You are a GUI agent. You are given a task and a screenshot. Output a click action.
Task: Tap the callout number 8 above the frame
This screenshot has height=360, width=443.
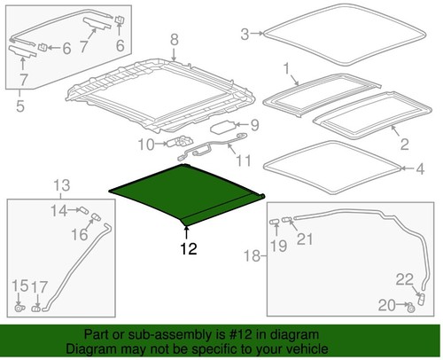[x=174, y=38]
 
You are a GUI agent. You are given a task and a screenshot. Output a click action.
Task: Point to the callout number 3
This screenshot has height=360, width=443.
[x=245, y=35]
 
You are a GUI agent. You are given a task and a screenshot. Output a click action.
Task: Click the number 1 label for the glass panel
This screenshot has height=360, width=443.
[x=285, y=67]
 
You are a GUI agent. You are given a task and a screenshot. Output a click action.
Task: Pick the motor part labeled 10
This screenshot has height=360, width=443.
[x=183, y=143]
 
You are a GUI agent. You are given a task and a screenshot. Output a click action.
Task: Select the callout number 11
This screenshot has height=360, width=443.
[x=243, y=161]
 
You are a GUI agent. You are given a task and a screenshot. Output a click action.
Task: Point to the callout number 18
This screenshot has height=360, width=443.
[x=252, y=256]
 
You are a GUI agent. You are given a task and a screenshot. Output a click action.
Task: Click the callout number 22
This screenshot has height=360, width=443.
[x=404, y=279]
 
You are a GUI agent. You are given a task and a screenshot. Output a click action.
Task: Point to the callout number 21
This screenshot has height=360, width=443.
[x=304, y=238]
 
